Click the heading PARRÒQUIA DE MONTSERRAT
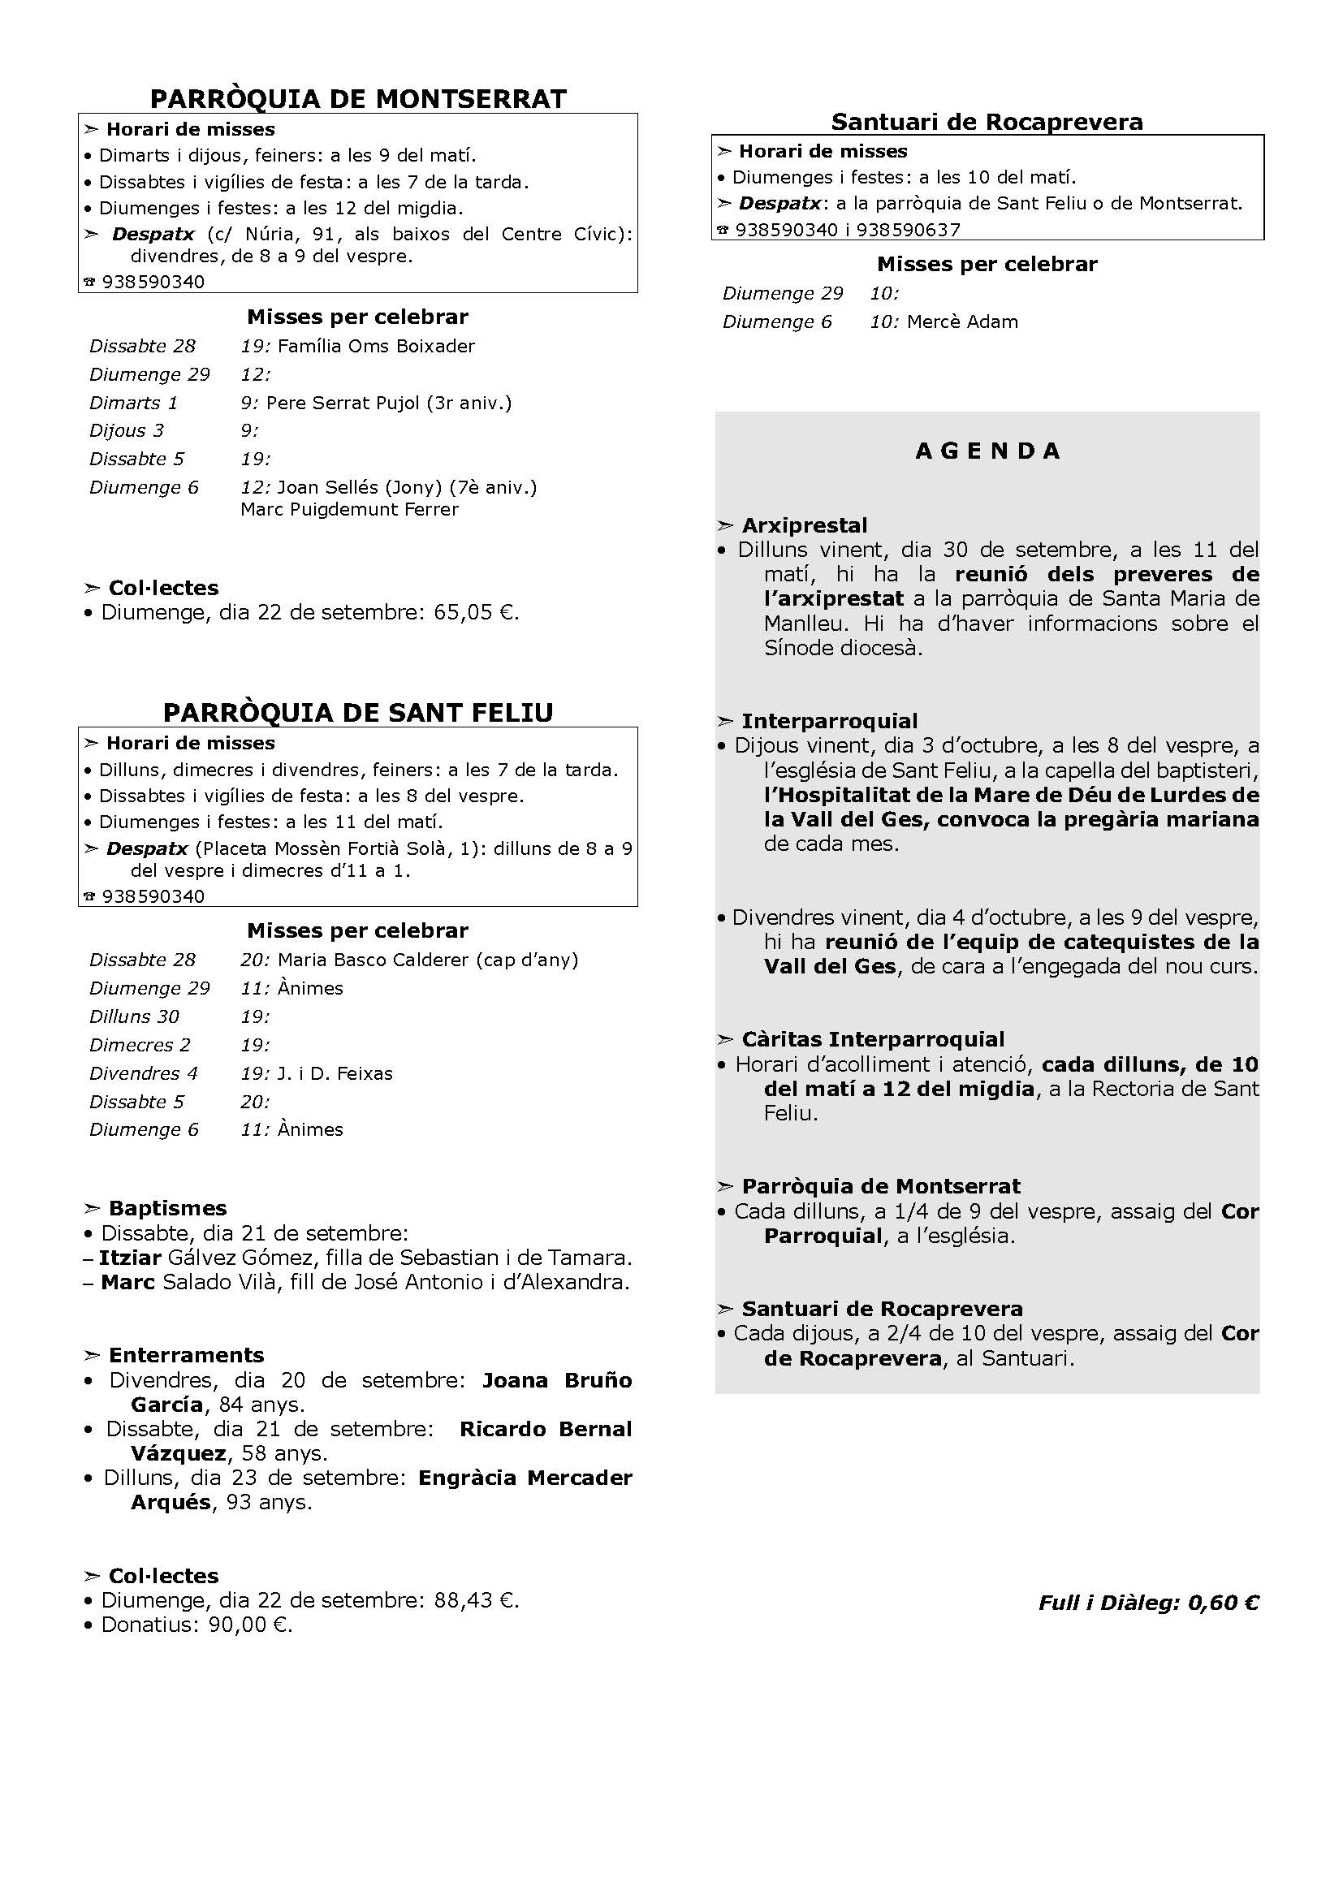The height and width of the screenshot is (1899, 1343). pos(358,99)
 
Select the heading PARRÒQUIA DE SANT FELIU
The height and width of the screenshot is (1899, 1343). pos(358,713)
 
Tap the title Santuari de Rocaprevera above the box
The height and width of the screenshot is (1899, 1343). pos(987,123)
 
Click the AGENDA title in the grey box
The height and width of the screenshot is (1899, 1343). pos(987,451)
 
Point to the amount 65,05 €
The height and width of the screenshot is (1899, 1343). pos(476,613)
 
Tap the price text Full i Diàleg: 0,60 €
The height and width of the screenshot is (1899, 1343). pos(1148,1602)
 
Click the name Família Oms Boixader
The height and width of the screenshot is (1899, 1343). pos(376,346)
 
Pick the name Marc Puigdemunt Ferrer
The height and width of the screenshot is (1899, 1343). pos(349,510)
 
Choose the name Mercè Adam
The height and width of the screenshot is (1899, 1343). pos(961,322)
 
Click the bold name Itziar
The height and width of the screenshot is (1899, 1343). pos(130,1258)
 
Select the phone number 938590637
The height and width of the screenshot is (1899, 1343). pos(908,230)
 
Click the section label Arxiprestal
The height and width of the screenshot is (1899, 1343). pos(804,526)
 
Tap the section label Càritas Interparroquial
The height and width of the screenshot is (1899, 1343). pos(872,1040)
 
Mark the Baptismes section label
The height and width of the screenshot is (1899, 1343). pos(167,1208)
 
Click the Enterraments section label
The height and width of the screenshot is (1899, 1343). pos(186,1355)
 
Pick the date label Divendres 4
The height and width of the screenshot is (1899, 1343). pos(144,1073)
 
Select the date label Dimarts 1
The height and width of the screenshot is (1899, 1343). pos(134,403)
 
